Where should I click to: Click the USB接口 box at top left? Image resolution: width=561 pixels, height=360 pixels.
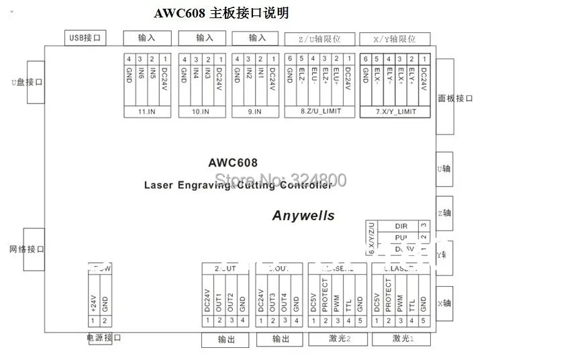[x=85, y=38]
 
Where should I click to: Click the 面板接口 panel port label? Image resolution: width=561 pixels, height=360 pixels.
[x=456, y=98]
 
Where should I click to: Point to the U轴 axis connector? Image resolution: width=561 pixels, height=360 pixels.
[x=444, y=169]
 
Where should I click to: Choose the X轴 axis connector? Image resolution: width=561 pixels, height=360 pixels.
[x=444, y=304]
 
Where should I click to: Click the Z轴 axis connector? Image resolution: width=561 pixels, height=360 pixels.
[x=444, y=213]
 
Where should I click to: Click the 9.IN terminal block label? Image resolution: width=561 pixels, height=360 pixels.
[x=254, y=112]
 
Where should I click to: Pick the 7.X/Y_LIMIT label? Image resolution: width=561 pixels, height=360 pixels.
[x=395, y=112]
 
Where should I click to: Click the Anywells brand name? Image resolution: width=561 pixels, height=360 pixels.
[x=303, y=216]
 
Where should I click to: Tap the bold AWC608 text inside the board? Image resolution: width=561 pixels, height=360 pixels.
[x=233, y=163]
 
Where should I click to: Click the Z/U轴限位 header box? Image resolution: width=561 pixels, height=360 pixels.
[x=319, y=39]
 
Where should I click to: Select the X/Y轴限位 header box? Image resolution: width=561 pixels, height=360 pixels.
[x=395, y=39]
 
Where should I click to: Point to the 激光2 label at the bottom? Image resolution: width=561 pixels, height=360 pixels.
[x=337, y=339]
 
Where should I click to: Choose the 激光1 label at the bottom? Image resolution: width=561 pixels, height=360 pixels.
[x=401, y=339]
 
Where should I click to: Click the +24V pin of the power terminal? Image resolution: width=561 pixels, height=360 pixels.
[x=94, y=298]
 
